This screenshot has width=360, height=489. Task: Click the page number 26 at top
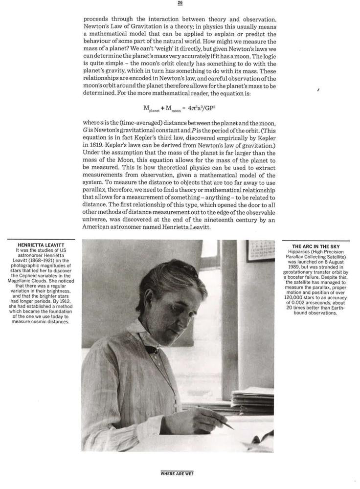[x=180, y=3]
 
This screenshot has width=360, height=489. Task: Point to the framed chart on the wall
[x=260, y=250]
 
